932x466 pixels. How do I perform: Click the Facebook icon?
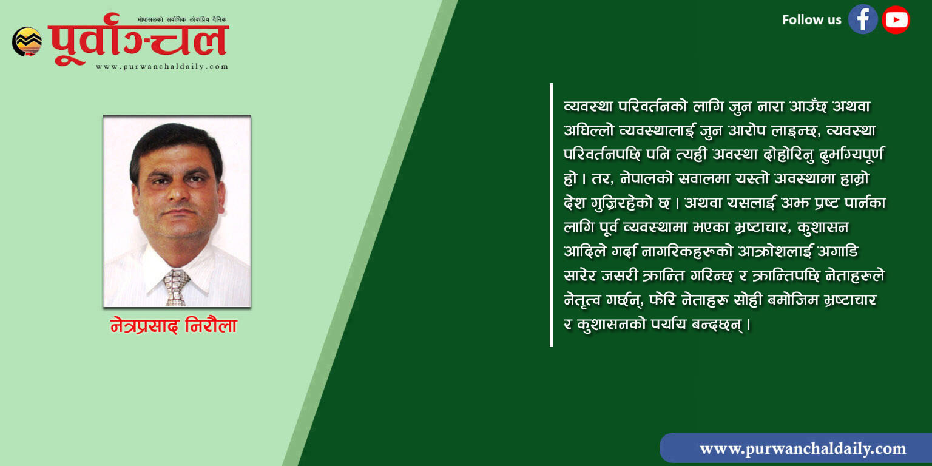pos(863,19)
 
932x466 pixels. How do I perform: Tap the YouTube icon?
pos(896,19)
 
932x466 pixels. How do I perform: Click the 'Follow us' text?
pos(811,20)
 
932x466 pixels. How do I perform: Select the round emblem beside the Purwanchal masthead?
pos(27,42)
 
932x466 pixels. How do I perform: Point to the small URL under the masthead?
pos(162,67)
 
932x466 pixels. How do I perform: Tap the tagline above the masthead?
pos(182,19)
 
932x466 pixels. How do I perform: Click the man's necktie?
pos(176,287)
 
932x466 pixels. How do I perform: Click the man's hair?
pos(175,144)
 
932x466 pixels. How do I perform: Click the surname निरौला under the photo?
pos(211,325)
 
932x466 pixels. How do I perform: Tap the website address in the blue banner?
pos(803,448)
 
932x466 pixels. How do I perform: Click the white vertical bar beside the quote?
pos(552,215)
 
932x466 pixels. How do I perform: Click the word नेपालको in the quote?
pos(647,178)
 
